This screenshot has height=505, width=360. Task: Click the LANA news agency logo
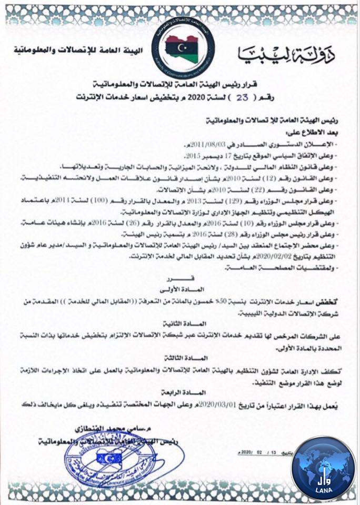323,467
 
